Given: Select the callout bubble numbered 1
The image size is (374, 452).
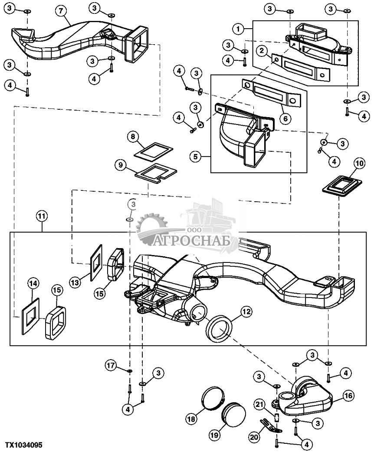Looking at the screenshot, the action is tap(238, 29).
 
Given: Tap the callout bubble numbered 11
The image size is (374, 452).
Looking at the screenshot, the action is tap(42, 216).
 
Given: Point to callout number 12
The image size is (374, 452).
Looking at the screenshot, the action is tap(246, 311).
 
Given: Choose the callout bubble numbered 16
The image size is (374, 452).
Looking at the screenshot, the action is tap(348, 396).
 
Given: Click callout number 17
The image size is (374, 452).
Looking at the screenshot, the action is tap(111, 366).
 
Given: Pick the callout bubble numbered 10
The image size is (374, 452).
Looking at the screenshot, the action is tap(360, 164).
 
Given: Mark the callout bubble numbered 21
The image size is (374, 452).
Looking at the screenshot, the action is tap(259, 405).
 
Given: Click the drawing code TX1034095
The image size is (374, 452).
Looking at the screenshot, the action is tap(23, 445).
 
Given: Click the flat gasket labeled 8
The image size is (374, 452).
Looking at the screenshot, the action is tap(154, 151).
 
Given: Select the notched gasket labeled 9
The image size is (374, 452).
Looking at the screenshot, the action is tap(156, 174).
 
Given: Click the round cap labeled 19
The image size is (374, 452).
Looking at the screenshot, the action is tap(233, 416).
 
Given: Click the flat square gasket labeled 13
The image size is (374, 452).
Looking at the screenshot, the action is tap(96, 263).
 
